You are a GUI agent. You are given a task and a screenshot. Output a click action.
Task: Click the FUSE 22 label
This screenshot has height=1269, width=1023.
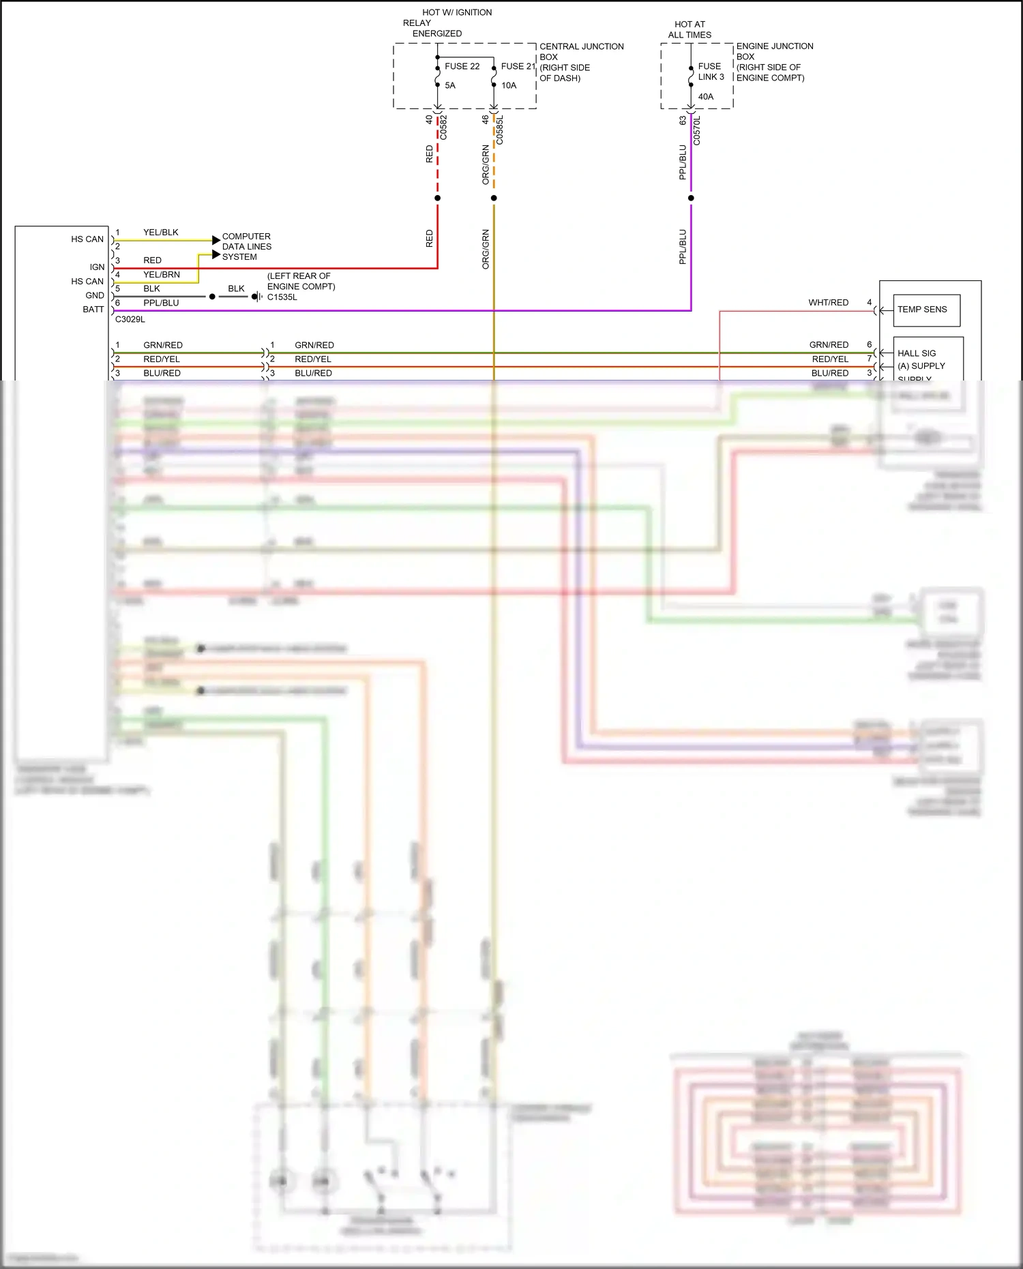click(x=462, y=66)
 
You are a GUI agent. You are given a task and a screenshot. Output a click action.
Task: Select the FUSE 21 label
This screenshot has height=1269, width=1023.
click(x=518, y=66)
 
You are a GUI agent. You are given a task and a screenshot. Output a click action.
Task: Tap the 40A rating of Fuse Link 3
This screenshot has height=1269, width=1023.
click(x=706, y=97)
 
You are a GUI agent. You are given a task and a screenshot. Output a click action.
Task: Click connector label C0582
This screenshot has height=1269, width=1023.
click(x=443, y=128)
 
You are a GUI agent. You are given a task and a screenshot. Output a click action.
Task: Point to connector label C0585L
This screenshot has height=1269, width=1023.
click(x=500, y=130)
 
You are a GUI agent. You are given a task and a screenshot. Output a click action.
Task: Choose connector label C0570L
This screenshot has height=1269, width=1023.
click(x=697, y=130)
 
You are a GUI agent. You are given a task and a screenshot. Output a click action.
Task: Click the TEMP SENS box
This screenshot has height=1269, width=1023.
click(x=926, y=310)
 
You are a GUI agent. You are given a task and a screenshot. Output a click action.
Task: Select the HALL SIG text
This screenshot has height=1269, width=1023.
click(x=917, y=353)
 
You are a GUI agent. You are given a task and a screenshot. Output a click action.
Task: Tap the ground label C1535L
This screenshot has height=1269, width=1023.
click(x=282, y=297)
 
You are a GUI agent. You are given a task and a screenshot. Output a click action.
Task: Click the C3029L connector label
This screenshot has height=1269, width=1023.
click(x=130, y=319)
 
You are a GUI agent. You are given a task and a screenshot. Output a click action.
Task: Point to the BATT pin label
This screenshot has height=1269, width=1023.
click(x=93, y=310)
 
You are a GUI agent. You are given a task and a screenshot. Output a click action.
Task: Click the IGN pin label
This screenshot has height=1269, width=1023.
click(x=98, y=267)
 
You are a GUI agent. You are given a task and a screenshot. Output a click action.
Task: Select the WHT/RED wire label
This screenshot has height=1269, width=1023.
click(x=828, y=303)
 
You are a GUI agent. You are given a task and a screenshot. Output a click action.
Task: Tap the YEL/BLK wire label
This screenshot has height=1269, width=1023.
click(x=161, y=233)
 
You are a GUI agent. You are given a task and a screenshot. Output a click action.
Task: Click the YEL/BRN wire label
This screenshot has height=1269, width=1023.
click(x=162, y=275)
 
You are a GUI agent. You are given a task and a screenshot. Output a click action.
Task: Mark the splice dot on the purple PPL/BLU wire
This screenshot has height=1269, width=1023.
click(x=691, y=198)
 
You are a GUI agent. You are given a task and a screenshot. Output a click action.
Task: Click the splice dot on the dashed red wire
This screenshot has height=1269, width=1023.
click(x=437, y=198)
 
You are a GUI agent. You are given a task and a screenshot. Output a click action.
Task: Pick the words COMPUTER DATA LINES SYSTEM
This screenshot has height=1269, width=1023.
click(x=246, y=247)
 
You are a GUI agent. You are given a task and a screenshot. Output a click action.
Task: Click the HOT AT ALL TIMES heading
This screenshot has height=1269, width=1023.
click(x=690, y=29)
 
